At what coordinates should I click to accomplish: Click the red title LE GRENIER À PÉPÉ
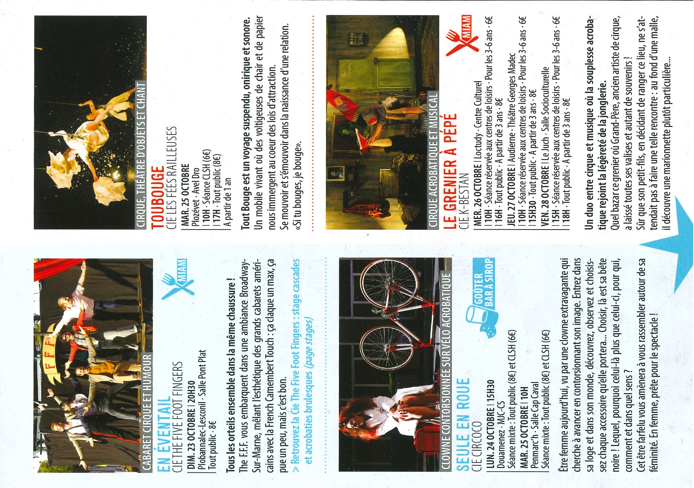450,172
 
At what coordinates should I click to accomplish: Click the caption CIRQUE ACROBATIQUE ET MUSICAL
433,161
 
